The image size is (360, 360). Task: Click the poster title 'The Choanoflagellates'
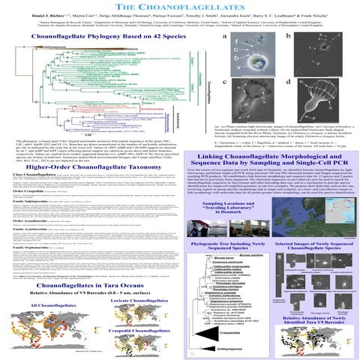(179, 7)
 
